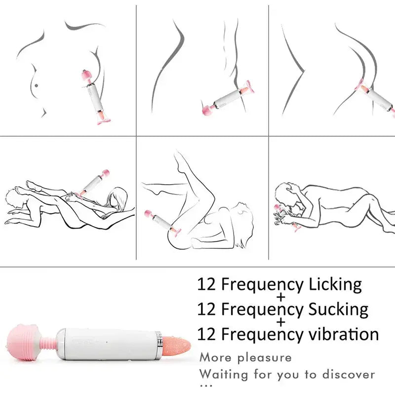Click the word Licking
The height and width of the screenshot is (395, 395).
(335, 285)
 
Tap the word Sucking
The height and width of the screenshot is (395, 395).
(338, 310)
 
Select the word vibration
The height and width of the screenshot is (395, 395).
(344, 334)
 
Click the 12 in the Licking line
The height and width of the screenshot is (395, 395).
(206, 284)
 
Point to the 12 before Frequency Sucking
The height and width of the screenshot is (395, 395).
(206, 309)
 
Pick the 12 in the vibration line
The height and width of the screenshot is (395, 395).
(206, 334)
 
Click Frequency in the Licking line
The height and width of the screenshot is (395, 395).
(262, 285)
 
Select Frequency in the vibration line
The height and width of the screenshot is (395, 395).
(262, 335)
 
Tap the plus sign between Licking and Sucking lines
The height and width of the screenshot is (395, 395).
(281, 297)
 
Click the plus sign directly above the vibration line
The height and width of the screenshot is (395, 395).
(281, 322)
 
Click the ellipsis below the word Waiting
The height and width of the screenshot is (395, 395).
(206, 385)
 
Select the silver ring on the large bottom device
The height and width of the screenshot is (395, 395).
(158, 344)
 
